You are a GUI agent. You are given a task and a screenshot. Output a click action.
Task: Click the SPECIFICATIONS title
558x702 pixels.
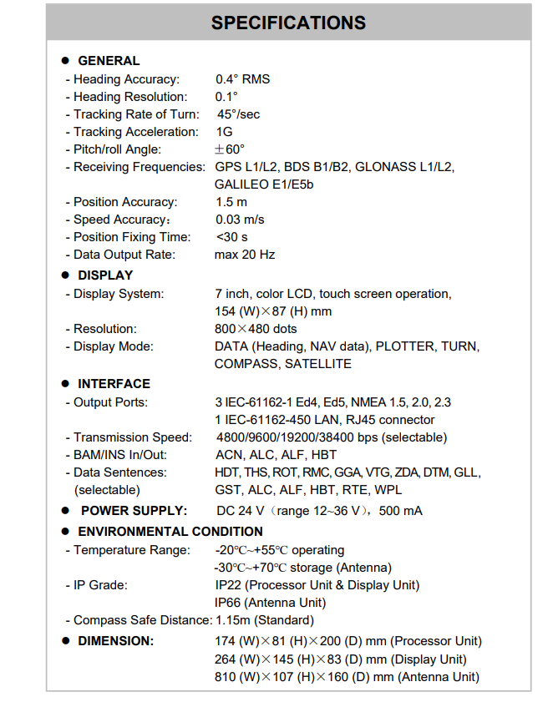[288, 23]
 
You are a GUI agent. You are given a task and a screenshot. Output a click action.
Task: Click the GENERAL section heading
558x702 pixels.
[109, 61]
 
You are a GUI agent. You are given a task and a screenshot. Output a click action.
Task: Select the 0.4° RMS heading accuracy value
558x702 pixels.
[242, 79]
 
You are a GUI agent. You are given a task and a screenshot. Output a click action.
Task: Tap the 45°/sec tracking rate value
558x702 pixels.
[239, 114]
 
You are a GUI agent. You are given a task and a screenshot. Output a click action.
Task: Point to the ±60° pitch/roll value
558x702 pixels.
[230, 149]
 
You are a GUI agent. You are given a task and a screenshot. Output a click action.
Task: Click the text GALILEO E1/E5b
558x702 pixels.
[264, 184]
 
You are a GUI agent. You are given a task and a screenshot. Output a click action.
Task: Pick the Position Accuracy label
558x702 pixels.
[124, 202]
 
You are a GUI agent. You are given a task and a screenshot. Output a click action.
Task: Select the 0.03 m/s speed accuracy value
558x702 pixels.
[240, 220]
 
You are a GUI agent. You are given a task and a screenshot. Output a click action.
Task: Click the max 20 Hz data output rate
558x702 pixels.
[245, 255]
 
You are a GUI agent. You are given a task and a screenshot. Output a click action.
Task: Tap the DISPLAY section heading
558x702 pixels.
[105, 275]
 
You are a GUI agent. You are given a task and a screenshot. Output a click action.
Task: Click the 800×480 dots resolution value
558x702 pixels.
[256, 329]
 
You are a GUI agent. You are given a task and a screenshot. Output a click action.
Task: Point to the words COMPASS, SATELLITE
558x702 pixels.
[283, 364]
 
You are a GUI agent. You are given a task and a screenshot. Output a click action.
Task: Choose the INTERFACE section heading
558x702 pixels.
[114, 384]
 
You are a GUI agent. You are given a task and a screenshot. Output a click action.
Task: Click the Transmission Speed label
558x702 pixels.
[132, 437]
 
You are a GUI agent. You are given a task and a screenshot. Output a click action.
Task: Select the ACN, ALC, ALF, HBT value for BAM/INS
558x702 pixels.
[276, 455]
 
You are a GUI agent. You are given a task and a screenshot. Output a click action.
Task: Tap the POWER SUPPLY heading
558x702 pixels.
[134, 511]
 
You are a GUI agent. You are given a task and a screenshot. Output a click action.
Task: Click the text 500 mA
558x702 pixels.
[401, 511]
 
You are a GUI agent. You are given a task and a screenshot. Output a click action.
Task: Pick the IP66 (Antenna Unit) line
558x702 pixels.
[270, 603]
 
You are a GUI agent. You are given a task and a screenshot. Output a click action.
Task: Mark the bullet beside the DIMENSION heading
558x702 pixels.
[65, 641]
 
